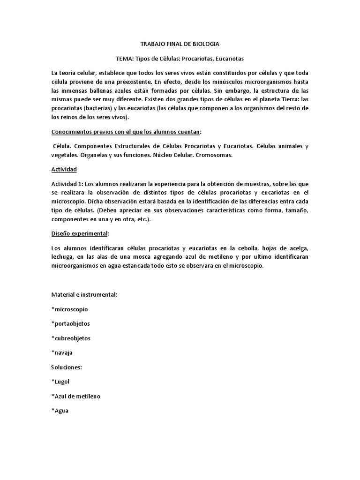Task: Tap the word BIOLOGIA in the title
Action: (x=205, y=44)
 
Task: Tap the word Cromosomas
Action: (x=213, y=155)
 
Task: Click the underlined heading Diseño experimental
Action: (x=80, y=233)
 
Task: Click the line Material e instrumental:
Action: (x=84, y=294)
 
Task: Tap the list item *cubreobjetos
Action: (x=71, y=338)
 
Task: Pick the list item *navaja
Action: (x=62, y=352)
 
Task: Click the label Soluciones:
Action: (x=67, y=367)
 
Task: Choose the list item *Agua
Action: (x=60, y=411)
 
